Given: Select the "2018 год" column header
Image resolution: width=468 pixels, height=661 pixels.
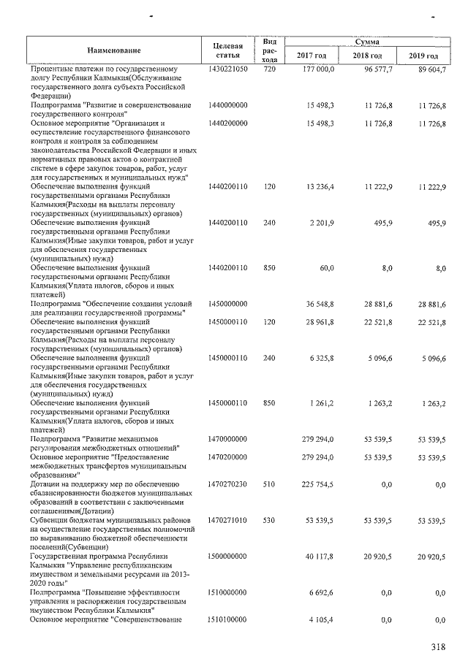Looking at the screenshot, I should pyautogui.click(x=367, y=56).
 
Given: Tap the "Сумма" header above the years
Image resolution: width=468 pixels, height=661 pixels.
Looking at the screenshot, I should pyautogui.click(x=366, y=43).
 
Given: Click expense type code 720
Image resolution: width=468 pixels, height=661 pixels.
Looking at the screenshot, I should pyautogui.click(x=269, y=69).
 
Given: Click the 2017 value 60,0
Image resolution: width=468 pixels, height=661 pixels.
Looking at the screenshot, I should pyautogui.click(x=325, y=268).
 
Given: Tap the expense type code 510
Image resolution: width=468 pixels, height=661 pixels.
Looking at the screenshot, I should pyautogui.click(x=269, y=484).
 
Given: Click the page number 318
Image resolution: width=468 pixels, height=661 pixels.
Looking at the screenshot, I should pyautogui.click(x=437, y=646).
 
